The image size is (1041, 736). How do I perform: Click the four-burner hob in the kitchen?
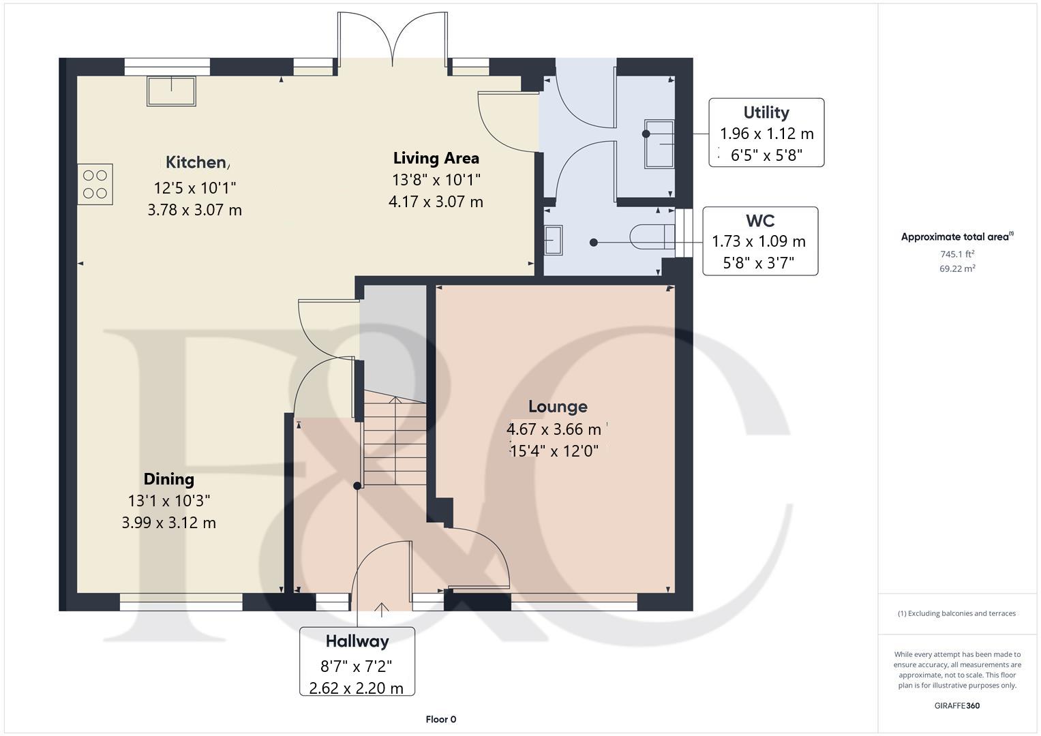(x=95, y=184)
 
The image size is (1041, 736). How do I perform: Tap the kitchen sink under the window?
(x=171, y=91)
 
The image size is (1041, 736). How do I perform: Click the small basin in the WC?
(x=553, y=241)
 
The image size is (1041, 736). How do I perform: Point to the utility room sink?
(x=659, y=144)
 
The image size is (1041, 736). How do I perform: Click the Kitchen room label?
(x=196, y=162)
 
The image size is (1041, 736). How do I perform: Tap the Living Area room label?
(x=436, y=158)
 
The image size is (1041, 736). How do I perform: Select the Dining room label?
(x=168, y=479)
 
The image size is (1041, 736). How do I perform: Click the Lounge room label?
(x=558, y=407)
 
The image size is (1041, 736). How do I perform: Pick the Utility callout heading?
(x=766, y=112)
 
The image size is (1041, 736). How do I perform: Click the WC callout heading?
(x=759, y=221)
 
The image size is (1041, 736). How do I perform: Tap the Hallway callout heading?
(x=357, y=641)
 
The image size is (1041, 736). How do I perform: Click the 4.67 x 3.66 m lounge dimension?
(x=554, y=429)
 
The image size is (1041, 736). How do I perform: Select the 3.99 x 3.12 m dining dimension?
(x=168, y=523)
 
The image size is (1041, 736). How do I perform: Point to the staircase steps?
(x=394, y=440)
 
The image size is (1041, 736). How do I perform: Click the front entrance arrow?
(x=380, y=609)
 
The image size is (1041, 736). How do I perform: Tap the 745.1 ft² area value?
(x=957, y=254)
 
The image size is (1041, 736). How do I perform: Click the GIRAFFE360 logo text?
(x=956, y=705)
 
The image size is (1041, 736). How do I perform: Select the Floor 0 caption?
(x=440, y=719)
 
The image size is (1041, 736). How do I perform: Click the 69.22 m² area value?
(x=957, y=269)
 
